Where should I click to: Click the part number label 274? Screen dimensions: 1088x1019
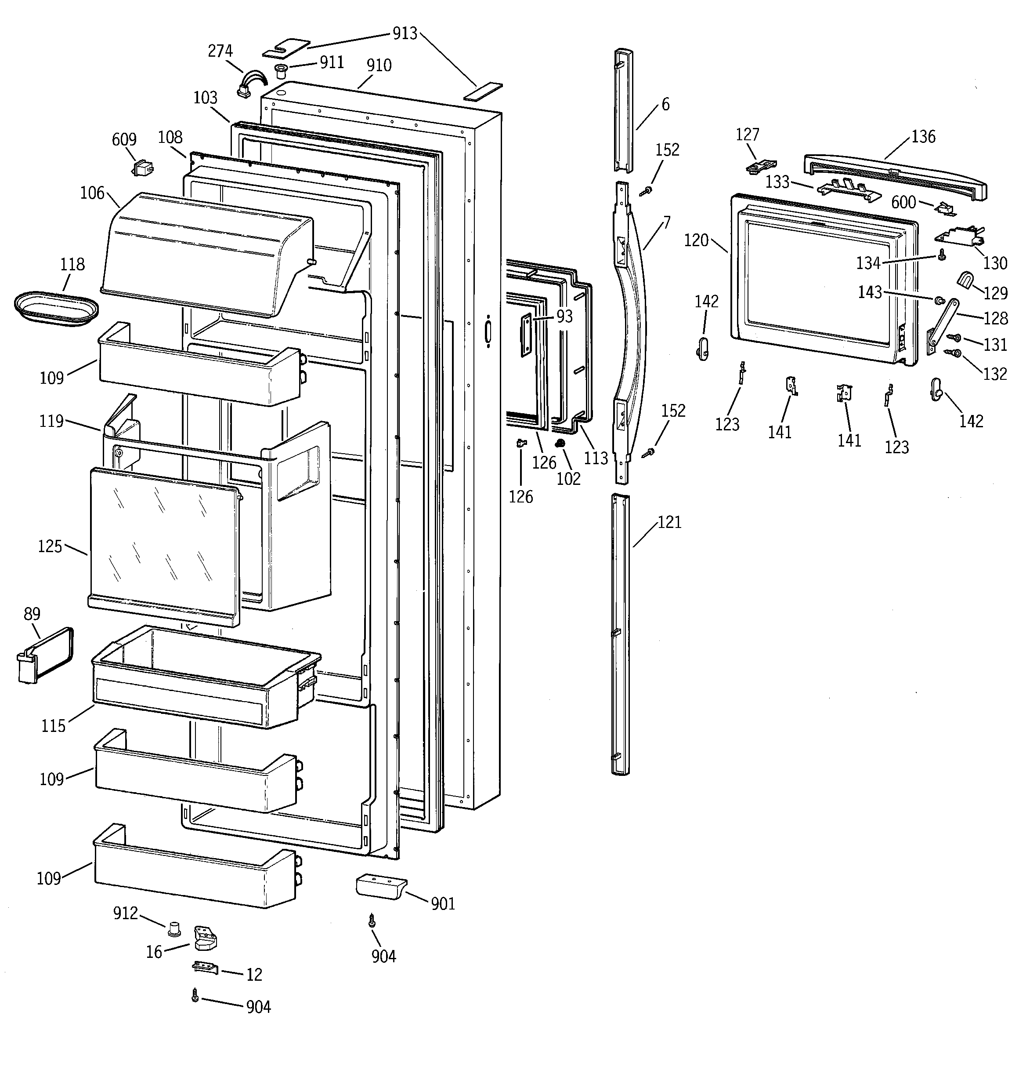pos(220,51)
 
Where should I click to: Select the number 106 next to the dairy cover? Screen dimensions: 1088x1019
pos(92,193)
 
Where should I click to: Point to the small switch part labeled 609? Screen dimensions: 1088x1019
pos(143,167)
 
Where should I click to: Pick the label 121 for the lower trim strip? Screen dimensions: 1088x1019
pos(669,522)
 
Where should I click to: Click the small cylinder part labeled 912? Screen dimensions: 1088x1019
pos(175,928)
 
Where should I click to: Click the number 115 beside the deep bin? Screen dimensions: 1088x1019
pos(53,726)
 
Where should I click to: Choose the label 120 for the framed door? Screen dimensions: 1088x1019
pos(696,240)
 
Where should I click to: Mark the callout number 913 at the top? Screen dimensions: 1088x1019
pos(405,34)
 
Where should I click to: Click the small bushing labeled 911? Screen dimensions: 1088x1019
pos(281,71)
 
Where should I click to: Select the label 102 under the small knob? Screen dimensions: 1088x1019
pos(568,478)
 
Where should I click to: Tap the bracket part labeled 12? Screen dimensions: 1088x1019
pos(205,968)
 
